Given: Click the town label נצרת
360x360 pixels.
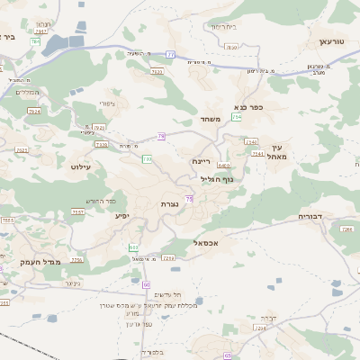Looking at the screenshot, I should (x=168, y=205).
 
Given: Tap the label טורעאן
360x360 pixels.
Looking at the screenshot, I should (x=331, y=42).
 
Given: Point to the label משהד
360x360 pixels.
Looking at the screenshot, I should (x=211, y=119).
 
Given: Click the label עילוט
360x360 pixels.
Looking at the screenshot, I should (x=81, y=166).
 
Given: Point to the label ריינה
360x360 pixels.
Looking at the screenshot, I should (x=201, y=161).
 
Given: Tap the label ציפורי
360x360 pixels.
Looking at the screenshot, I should (x=105, y=103).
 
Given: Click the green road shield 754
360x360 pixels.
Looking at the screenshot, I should (x=237, y=117).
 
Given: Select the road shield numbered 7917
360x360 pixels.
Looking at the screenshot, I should (x=36, y=41).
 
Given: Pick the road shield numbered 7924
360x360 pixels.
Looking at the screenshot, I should (x=34, y=112).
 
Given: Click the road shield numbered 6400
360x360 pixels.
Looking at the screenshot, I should (x=223, y=166).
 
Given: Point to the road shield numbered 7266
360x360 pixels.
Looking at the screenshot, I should (x=346, y=229).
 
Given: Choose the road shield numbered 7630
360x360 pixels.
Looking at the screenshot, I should (x=231, y=47).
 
